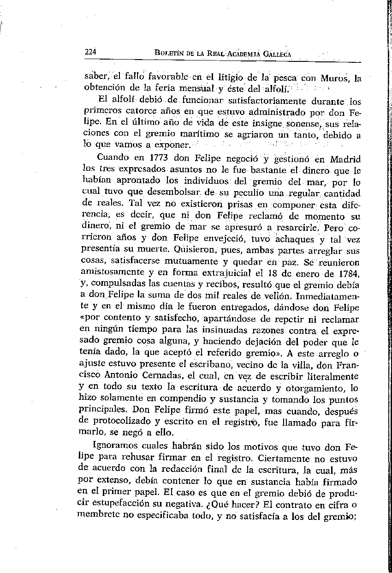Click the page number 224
[x=90, y=52]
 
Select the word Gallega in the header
[x=278, y=54]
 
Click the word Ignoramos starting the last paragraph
[x=114, y=447]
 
